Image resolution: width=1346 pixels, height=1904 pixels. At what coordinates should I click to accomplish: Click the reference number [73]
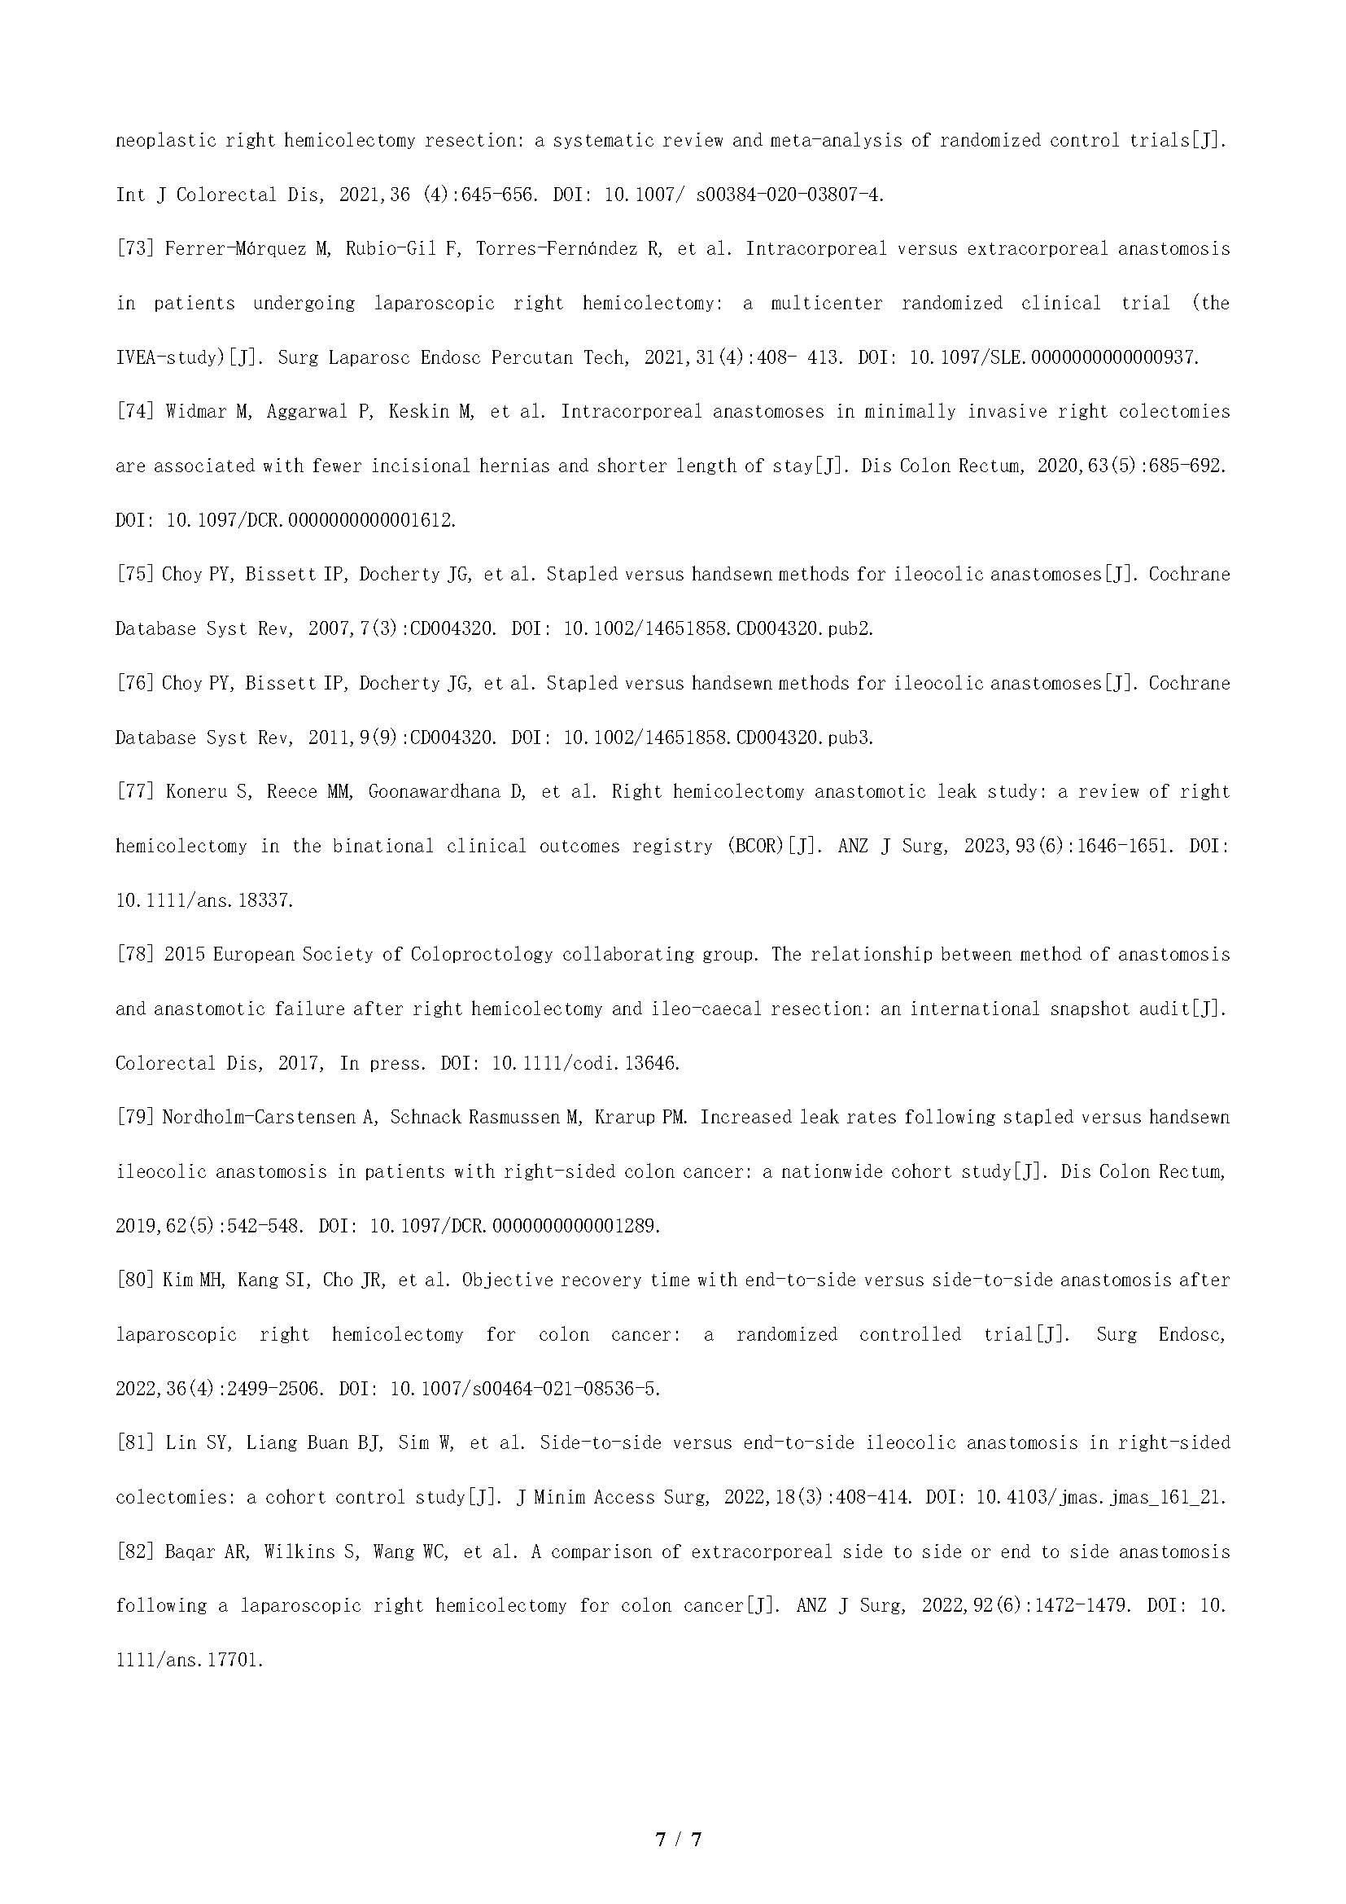click(x=135, y=249)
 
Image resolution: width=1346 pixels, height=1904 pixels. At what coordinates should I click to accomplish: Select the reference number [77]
click(x=135, y=792)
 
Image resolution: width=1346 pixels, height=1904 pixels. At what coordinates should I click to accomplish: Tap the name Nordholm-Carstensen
click(x=262, y=1118)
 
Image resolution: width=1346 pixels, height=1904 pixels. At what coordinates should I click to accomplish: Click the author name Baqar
click(x=188, y=1552)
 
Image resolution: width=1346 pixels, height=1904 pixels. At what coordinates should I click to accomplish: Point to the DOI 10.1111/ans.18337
click(x=204, y=900)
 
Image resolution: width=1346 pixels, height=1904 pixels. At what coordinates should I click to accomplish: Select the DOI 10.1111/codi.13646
click(x=586, y=1064)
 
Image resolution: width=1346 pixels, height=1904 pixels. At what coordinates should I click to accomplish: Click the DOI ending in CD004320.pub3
click(x=719, y=738)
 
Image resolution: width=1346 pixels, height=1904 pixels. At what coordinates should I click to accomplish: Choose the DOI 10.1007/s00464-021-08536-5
click(x=525, y=1389)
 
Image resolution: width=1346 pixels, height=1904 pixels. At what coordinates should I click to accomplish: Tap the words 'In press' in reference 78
click(x=383, y=1064)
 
